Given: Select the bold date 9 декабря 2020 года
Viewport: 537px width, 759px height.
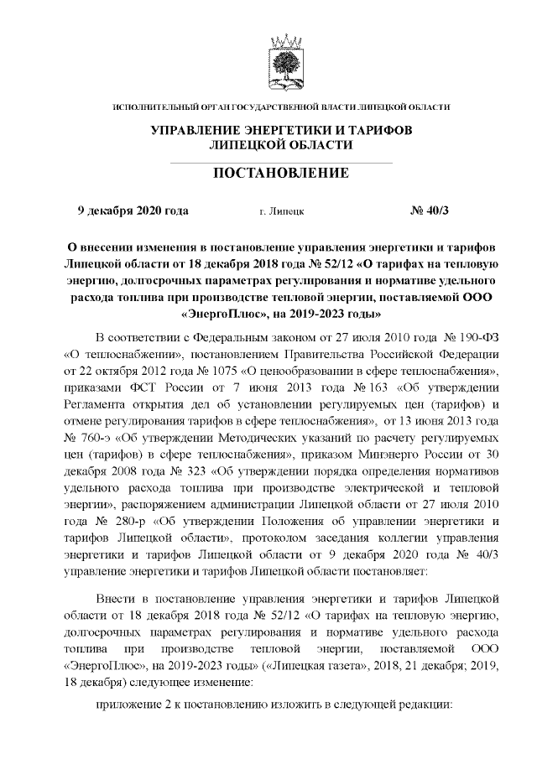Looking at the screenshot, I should click(x=133, y=211).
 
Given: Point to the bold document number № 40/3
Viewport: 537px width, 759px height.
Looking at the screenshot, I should click(x=430, y=211).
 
